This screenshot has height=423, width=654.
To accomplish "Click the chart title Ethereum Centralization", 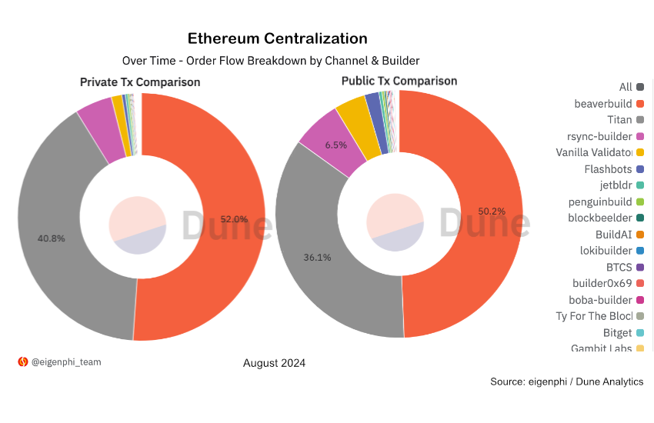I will (x=278, y=38).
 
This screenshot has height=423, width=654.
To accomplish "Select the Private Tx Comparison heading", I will (x=140, y=82).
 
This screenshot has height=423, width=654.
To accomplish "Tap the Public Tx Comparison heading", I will (x=399, y=81).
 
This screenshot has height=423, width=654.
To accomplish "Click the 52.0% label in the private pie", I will (x=234, y=219).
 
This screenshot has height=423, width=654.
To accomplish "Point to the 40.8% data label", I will (x=52, y=238).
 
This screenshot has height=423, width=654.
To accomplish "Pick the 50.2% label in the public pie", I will (x=492, y=211).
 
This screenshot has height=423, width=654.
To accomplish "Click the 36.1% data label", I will (x=317, y=258).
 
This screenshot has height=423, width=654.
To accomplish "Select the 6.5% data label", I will (x=336, y=145).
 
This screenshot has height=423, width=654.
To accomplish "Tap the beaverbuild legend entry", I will (x=603, y=104).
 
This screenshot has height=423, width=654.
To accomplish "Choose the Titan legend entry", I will (x=619, y=120).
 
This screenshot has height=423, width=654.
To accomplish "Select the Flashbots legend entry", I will (x=608, y=169).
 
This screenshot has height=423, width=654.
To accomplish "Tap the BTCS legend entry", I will (x=619, y=267).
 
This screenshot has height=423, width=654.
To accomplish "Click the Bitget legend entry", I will (x=617, y=332).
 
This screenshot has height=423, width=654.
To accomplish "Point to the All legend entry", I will (x=626, y=87).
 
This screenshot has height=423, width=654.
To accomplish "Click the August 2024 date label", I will (x=274, y=363).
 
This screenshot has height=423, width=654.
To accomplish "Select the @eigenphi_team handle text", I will (x=65, y=361).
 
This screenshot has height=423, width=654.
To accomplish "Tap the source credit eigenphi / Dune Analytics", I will (x=566, y=381).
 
